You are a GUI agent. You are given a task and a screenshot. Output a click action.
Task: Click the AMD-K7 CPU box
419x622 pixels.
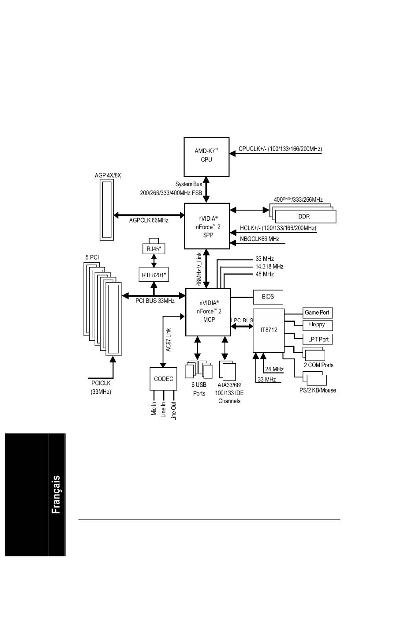(x=206, y=157)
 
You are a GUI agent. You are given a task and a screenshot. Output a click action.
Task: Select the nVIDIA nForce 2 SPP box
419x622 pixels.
(x=207, y=226)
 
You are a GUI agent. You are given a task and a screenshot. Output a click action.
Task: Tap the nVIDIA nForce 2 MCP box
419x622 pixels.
(x=208, y=312)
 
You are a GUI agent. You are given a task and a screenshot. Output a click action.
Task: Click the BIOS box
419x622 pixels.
(x=268, y=297)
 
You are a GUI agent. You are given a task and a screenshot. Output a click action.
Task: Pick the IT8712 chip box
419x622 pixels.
(x=269, y=330)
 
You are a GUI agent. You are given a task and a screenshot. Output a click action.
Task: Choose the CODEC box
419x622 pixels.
(x=163, y=379)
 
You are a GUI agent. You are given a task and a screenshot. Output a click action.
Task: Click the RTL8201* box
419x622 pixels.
(x=154, y=275)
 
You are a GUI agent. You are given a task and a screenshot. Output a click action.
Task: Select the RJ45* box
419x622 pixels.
(x=153, y=249)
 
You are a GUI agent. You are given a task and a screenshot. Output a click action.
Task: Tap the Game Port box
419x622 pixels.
(x=317, y=313)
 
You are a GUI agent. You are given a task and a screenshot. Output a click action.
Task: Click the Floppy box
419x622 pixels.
(x=317, y=325)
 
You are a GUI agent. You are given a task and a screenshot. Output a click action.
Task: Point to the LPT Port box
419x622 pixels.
(x=318, y=339)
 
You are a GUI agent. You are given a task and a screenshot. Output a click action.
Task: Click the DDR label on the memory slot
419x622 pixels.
(x=304, y=216)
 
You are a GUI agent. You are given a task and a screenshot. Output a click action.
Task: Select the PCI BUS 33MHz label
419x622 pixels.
(x=155, y=301)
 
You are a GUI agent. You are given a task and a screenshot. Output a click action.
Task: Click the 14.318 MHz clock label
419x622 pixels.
(x=269, y=267)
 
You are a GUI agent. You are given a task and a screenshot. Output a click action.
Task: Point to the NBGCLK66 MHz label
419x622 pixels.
(x=259, y=239)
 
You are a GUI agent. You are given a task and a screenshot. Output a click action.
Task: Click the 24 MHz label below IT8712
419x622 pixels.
(x=274, y=369)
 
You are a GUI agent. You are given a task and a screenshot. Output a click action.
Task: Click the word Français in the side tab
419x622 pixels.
(x=56, y=494)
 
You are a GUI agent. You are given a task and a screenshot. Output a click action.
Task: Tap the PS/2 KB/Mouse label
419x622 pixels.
(x=317, y=390)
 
